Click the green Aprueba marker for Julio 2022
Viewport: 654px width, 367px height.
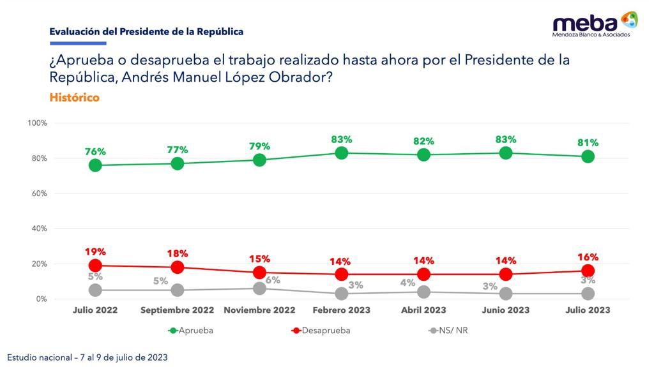tap(95, 165)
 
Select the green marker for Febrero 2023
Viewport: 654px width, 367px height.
tap(342, 153)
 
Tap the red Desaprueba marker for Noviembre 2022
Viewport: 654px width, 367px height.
tap(259, 273)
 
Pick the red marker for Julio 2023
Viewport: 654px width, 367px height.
tap(588, 271)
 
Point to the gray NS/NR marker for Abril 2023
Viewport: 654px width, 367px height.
tap(423, 292)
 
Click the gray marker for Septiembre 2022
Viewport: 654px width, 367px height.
tap(178, 290)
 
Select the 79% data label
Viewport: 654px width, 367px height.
tap(259, 146)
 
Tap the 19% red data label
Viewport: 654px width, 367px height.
tap(95, 252)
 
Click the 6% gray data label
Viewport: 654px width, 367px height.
tap(273, 280)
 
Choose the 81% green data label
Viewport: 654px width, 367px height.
tap(588, 143)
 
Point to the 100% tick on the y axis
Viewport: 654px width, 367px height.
tap(37, 123)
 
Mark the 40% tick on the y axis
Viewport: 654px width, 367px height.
tap(38, 228)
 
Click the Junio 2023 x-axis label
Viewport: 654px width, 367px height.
tap(506, 310)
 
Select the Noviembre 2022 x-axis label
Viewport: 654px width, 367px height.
tap(259, 310)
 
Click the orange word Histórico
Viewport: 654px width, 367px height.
tap(74, 98)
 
